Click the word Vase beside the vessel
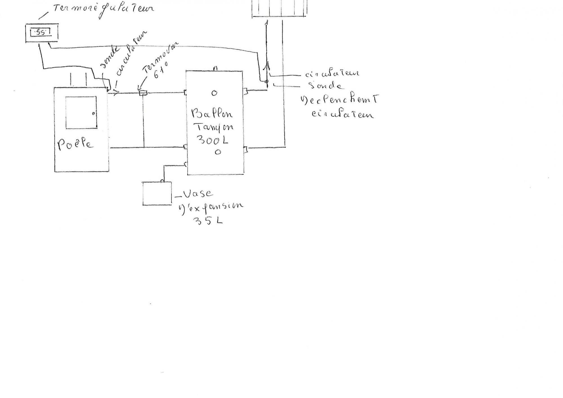[x=198, y=194]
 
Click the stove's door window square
[x=81, y=113]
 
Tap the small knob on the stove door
[x=93, y=114]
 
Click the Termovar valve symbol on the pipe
[x=143, y=93]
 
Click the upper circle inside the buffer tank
[x=214, y=93]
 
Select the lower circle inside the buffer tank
[x=218, y=152]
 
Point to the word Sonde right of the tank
[x=325, y=85]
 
